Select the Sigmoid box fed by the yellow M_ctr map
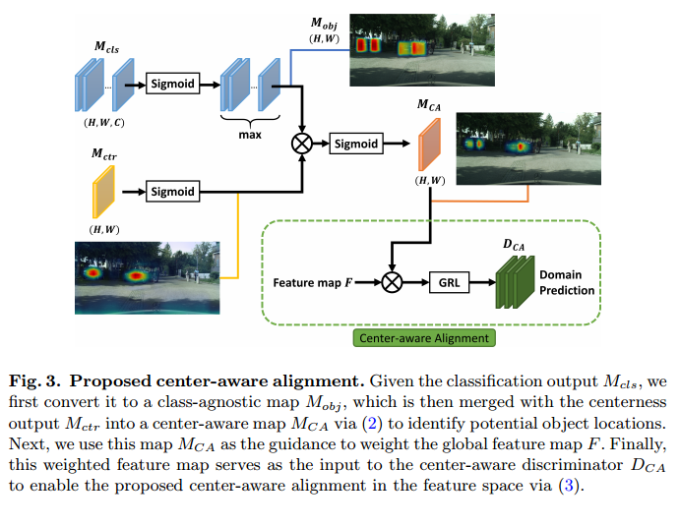[x=174, y=191]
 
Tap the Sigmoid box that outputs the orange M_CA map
[x=355, y=144]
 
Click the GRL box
[x=450, y=282]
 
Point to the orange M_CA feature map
[x=429, y=144]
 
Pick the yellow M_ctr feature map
[x=104, y=191]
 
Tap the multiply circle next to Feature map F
[x=393, y=283]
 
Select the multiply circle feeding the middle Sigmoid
[x=302, y=144]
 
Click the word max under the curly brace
[x=249, y=134]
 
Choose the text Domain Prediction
[x=566, y=283]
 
